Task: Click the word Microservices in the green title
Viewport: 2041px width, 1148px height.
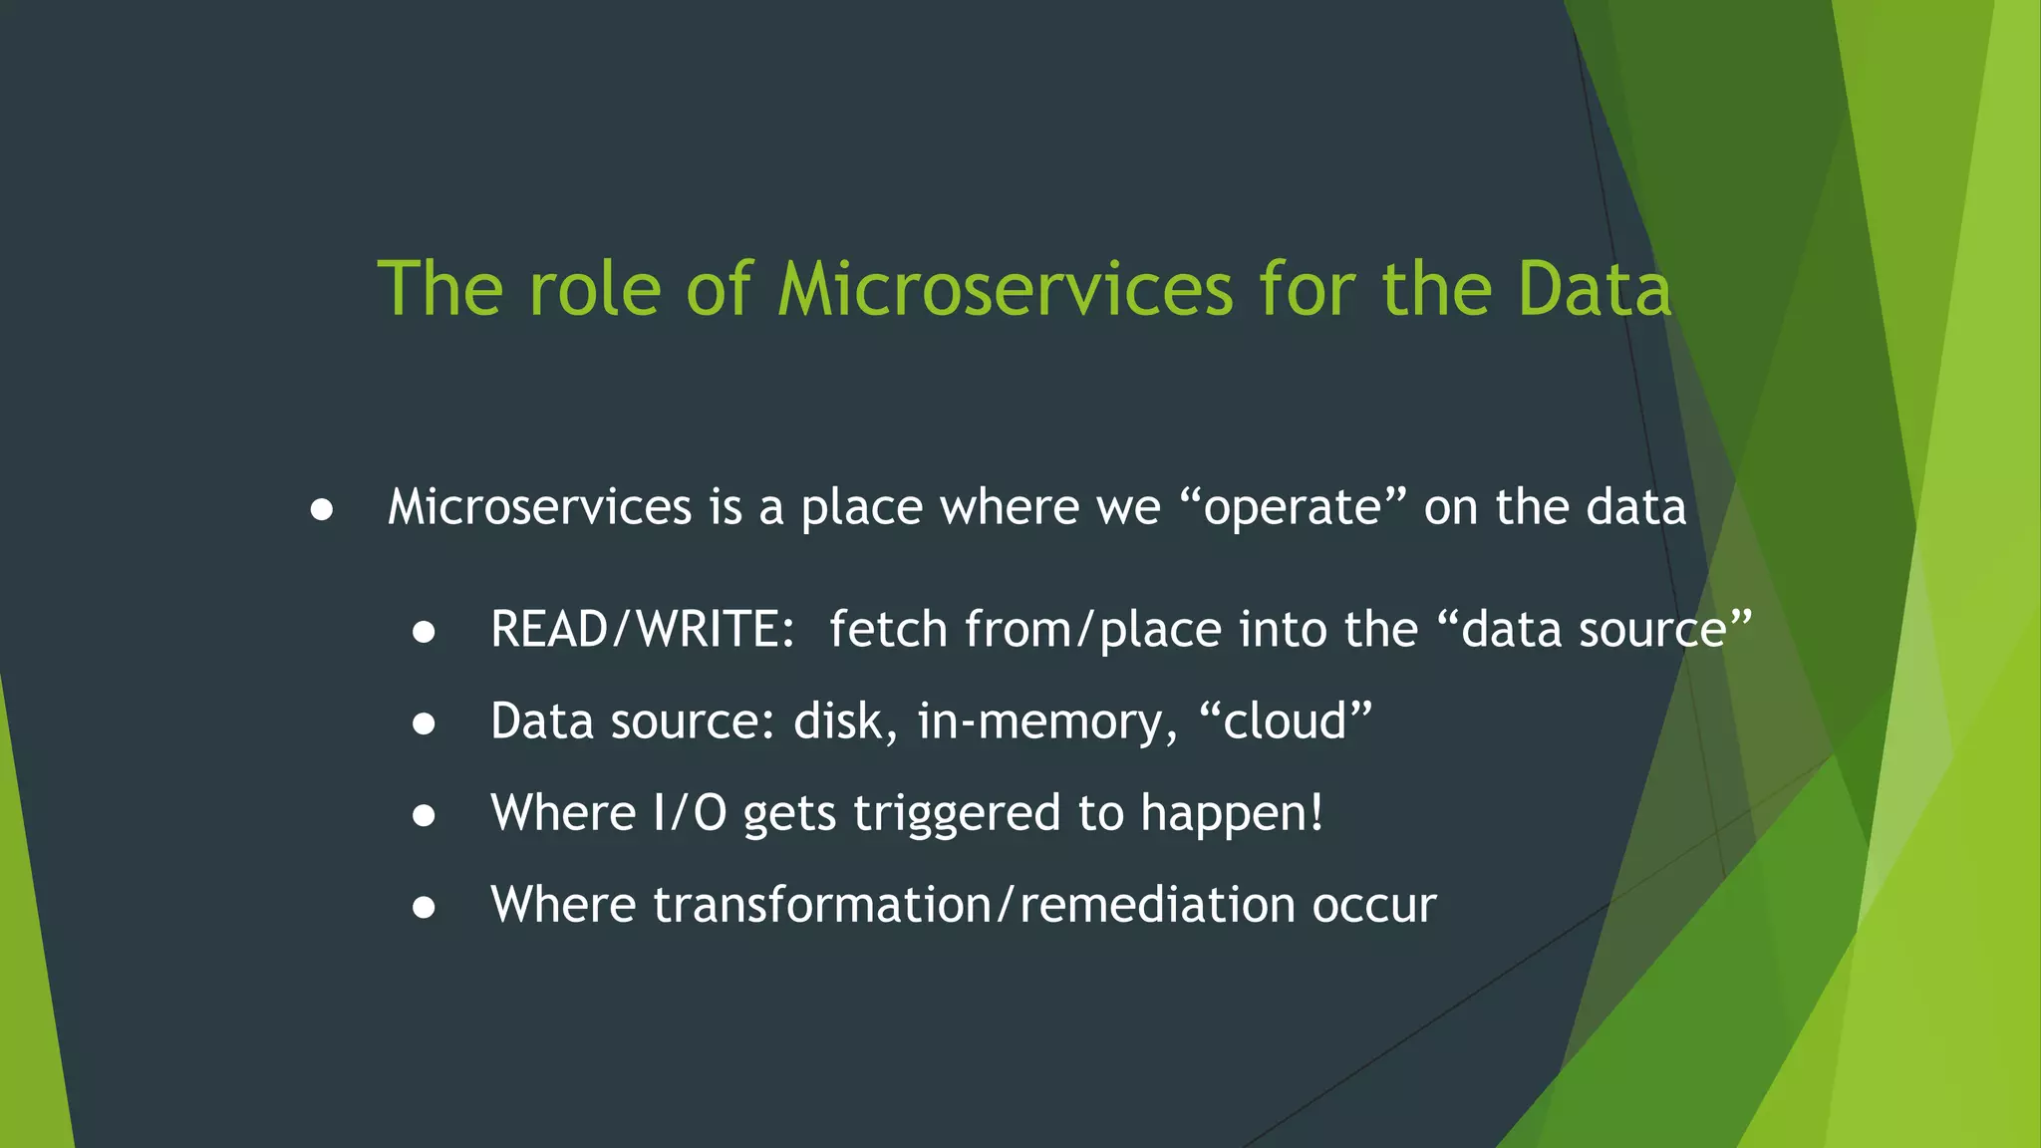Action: pyautogui.click(x=1006, y=289)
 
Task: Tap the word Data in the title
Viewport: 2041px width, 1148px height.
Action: pyautogui.click(x=1595, y=289)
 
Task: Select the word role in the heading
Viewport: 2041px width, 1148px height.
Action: pyautogui.click(x=595, y=289)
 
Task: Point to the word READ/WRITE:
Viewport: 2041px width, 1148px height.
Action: pyautogui.click(x=643, y=630)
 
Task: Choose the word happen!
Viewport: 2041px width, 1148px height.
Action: pyautogui.click(x=1233, y=813)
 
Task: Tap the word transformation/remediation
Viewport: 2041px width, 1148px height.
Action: pyautogui.click(x=974, y=905)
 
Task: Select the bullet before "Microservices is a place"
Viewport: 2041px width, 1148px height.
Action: pyautogui.click(x=321, y=510)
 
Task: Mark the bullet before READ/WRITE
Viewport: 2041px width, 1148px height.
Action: pyautogui.click(x=424, y=633)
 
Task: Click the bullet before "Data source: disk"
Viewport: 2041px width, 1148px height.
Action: pyautogui.click(x=424, y=724)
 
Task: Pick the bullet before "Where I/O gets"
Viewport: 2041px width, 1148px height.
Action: pyautogui.click(x=424, y=816)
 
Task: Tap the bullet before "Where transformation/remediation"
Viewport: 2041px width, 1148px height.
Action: pyautogui.click(x=424, y=908)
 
